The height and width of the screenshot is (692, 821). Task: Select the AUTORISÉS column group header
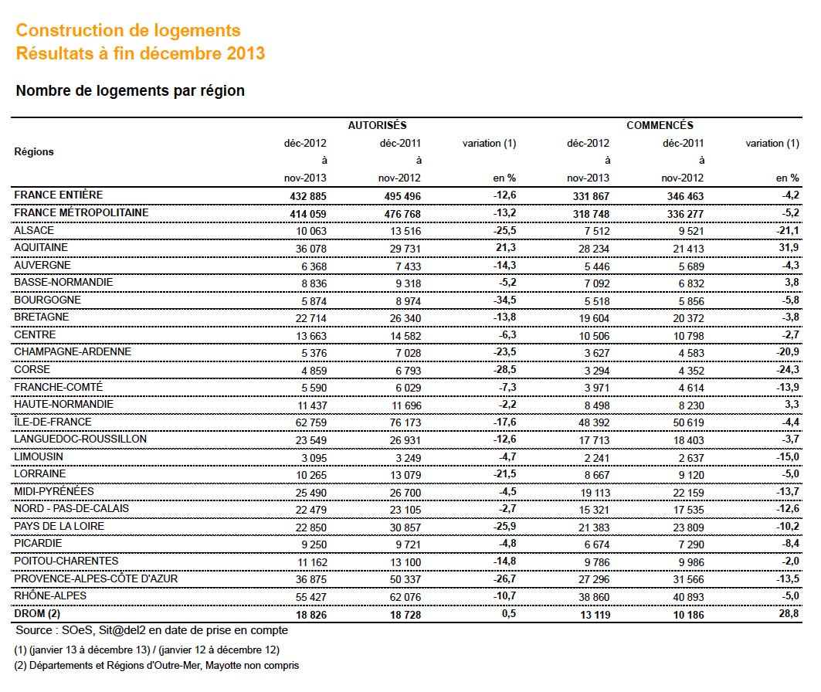(377, 125)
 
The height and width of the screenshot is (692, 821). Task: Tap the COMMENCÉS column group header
(660, 125)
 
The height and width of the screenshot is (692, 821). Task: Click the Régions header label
(34, 152)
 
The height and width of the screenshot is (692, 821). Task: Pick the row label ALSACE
(34, 230)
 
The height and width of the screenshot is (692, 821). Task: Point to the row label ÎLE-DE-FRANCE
(53, 422)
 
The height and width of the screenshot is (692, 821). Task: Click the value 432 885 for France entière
(308, 196)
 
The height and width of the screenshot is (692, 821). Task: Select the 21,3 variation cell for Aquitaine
(506, 247)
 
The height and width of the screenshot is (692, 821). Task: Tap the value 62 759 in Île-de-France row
(311, 422)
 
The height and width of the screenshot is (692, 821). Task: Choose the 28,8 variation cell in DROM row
(789, 613)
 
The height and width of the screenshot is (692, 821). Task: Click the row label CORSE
(32, 369)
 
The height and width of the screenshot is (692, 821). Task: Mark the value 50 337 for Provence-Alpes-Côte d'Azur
(405, 579)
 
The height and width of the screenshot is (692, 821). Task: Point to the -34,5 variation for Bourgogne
(505, 300)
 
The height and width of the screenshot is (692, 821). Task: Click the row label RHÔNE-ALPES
(50, 595)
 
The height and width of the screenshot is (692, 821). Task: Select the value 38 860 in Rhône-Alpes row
(594, 597)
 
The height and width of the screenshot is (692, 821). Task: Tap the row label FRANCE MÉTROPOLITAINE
(81, 212)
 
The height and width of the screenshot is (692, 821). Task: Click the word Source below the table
(34, 630)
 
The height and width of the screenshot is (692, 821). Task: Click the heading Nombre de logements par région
(131, 90)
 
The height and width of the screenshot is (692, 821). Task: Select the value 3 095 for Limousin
(314, 458)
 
